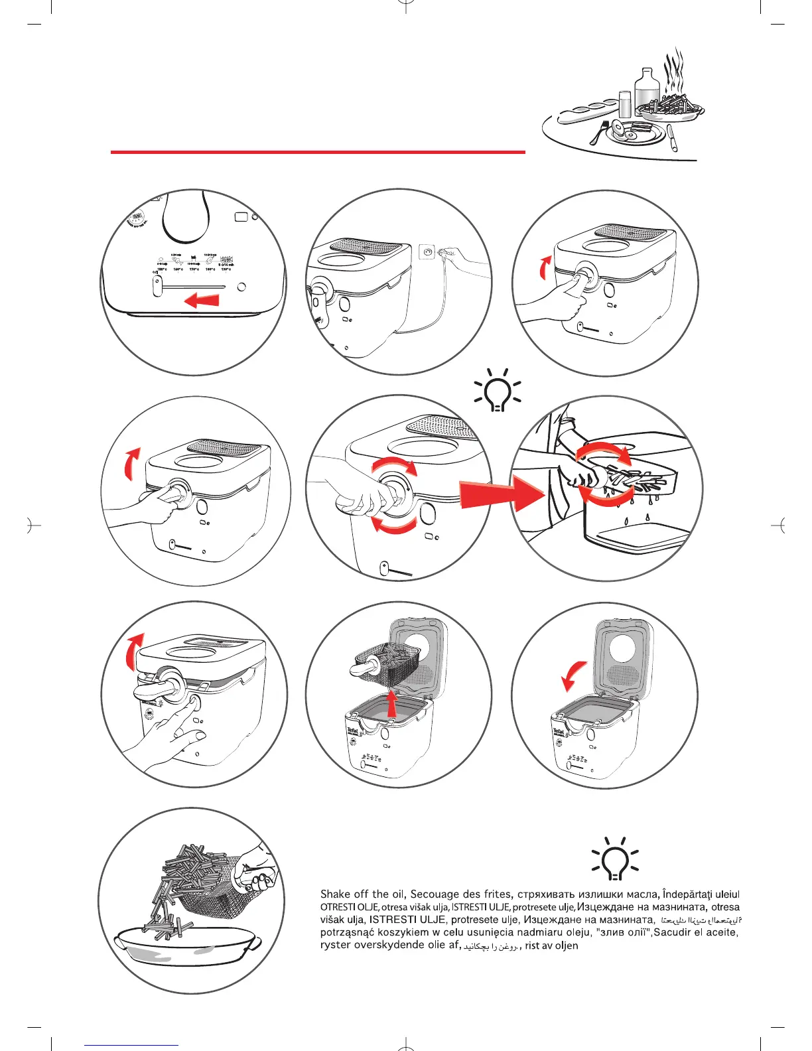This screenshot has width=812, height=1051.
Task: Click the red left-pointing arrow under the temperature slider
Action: [x=202, y=301]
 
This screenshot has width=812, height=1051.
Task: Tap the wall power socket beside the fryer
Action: [x=428, y=252]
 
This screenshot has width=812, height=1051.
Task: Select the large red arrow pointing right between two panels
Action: [x=502, y=494]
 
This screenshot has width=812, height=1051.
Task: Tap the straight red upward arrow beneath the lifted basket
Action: [x=393, y=703]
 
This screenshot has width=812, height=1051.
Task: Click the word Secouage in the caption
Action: [x=437, y=894]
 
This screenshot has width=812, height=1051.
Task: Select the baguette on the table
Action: [x=587, y=113]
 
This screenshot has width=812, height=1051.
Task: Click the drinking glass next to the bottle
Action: [x=625, y=104]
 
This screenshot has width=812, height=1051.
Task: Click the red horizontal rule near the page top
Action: [x=318, y=152]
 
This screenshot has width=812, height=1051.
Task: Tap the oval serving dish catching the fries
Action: [x=186, y=948]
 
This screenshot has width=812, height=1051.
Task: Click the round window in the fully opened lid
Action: [x=623, y=648]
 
